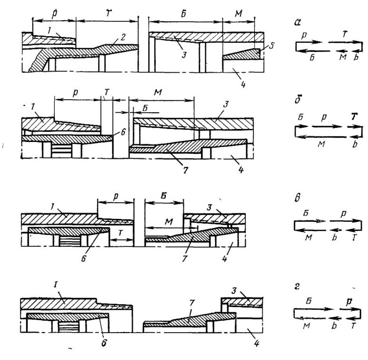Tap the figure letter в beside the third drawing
click(298, 198)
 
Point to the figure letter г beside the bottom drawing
click(298, 287)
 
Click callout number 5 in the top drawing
click(271, 45)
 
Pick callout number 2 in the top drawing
click(124, 37)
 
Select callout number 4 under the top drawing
click(244, 84)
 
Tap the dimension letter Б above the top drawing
click(184, 14)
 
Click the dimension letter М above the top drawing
click(238, 14)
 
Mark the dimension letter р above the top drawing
click(54, 14)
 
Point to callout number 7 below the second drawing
click(185, 170)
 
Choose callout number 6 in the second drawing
click(123, 133)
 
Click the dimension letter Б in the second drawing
click(145, 108)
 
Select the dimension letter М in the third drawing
click(169, 221)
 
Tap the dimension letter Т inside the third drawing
click(121, 232)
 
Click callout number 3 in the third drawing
click(209, 207)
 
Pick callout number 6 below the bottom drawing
click(104, 343)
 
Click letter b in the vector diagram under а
click(356, 57)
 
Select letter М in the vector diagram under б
click(321, 144)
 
